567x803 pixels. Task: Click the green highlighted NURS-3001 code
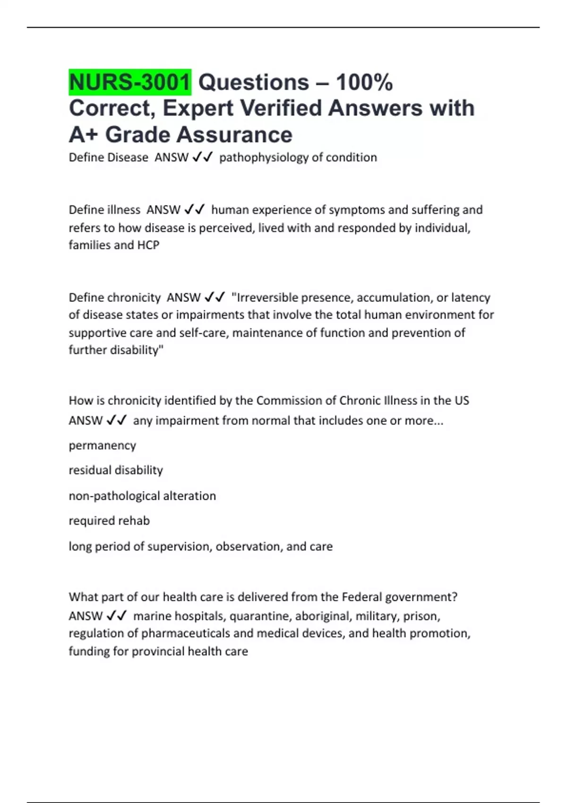tap(130, 83)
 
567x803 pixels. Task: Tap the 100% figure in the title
tap(364, 83)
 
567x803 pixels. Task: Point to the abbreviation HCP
tap(148, 245)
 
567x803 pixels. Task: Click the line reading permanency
tap(103, 445)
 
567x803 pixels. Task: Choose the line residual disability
tap(116, 470)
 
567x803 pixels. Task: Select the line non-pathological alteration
tap(142, 496)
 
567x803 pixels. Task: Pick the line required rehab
tap(109, 521)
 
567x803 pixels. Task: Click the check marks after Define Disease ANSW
tap(203, 157)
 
